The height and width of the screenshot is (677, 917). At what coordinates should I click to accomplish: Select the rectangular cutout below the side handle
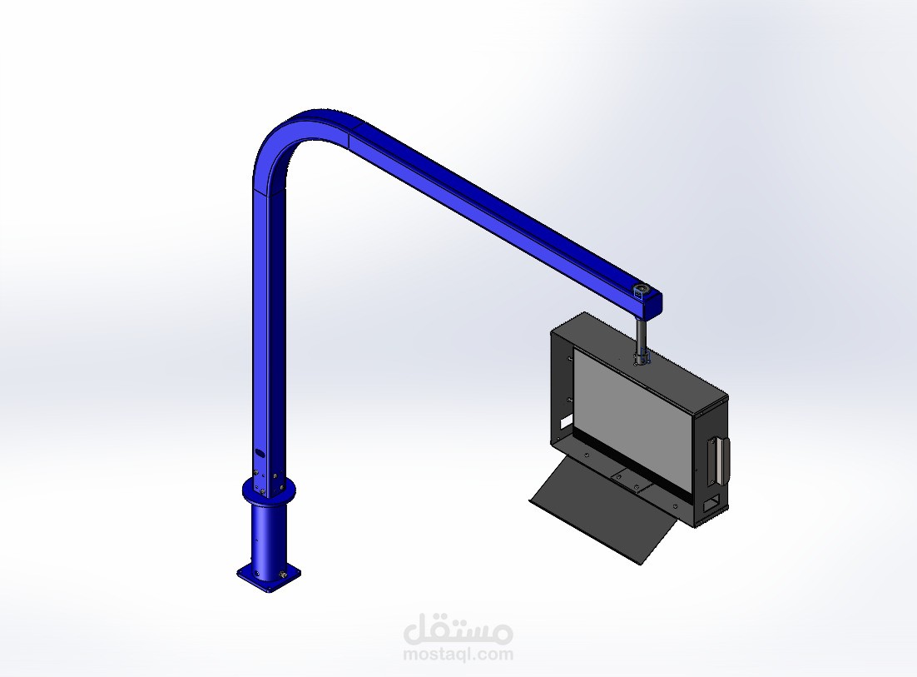click(712, 503)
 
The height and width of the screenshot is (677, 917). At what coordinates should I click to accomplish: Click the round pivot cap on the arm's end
click(642, 291)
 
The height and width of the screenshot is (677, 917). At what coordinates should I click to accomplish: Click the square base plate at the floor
click(268, 575)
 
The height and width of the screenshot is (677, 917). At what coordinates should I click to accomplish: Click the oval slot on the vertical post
click(259, 455)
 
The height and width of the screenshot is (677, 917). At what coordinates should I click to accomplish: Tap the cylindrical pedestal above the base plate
click(268, 533)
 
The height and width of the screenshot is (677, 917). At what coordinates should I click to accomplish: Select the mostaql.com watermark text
click(458, 655)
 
